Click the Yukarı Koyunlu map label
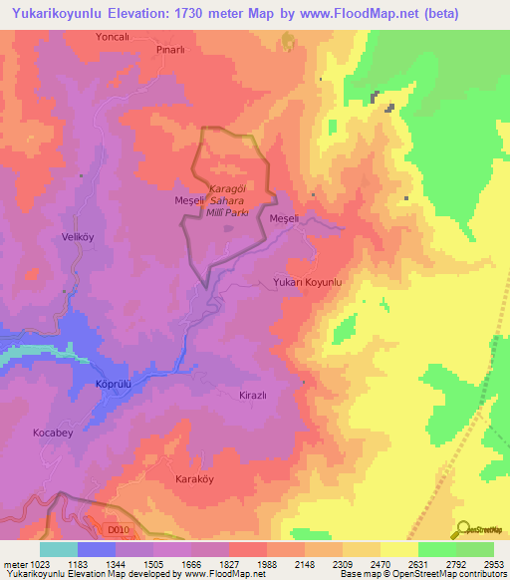[307, 284]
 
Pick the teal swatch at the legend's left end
[59, 549]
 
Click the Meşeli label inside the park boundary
[189, 200]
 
